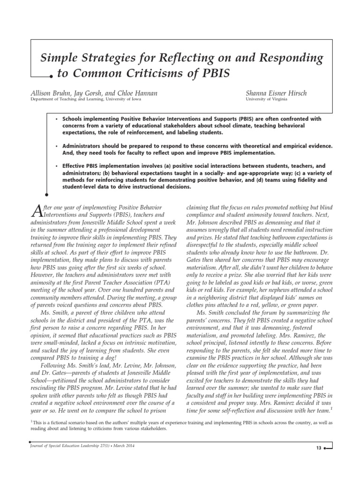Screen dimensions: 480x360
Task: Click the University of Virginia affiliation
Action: click(x=264, y=99)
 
